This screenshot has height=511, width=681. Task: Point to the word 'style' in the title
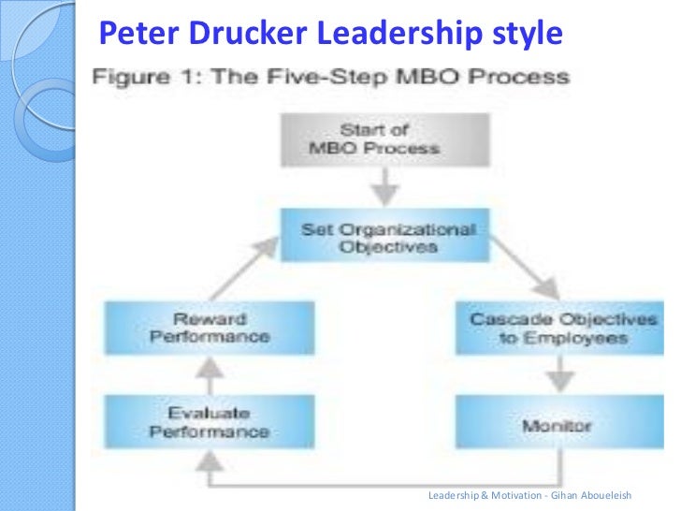click(528, 34)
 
